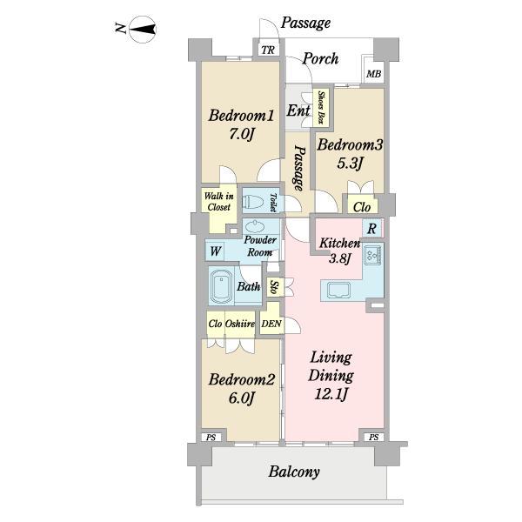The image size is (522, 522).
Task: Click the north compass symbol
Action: pos(143,30)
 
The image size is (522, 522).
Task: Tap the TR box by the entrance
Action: pos(268,50)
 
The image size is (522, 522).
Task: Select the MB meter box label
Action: pos(373,74)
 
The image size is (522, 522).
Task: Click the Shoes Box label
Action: pos(321,107)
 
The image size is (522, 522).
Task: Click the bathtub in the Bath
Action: pos(221,286)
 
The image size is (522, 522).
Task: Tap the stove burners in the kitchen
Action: pos(373,254)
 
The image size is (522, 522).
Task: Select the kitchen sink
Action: pos(338,290)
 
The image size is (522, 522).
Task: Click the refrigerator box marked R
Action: pos(371,228)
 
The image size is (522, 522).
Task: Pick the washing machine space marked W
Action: pos(215,251)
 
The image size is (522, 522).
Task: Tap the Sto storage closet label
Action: pos(274,286)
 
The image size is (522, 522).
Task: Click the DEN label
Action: pos(271,324)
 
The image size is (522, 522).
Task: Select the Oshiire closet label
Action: pos(240,324)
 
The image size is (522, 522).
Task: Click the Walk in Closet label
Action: pos(218,202)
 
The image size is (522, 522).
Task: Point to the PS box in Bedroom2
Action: pos(211,437)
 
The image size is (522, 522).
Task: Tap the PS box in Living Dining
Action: pos(373,437)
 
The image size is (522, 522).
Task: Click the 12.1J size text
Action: pos(331,394)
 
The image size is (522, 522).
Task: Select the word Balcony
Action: pos(294,472)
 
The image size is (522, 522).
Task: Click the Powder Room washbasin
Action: pos(255,227)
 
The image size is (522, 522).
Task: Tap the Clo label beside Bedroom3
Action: pos(362,207)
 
